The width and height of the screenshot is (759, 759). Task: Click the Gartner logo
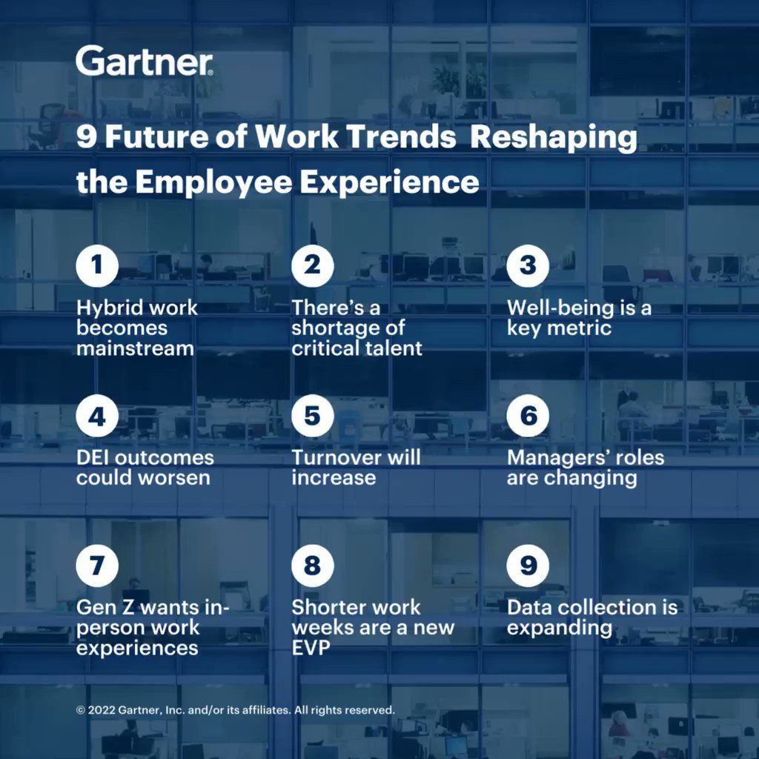tap(145, 60)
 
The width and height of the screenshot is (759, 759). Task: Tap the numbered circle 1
tap(97, 266)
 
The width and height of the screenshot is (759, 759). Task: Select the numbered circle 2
tap(312, 266)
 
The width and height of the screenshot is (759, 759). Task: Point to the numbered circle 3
tap(528, 266)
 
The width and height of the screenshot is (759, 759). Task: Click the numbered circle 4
tap(97, 416)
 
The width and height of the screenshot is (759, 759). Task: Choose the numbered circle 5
tap(312, 416)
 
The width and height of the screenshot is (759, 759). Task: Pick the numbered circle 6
tap(528, 416)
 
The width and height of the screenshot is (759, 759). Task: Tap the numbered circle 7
tap(97, 566)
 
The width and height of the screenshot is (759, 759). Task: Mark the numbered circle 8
tap(312, 566)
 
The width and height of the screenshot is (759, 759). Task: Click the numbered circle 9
tap(528, 566)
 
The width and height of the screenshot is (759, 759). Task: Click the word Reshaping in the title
tap(554, 139)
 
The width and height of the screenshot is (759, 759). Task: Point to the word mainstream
tap(135, 348)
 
